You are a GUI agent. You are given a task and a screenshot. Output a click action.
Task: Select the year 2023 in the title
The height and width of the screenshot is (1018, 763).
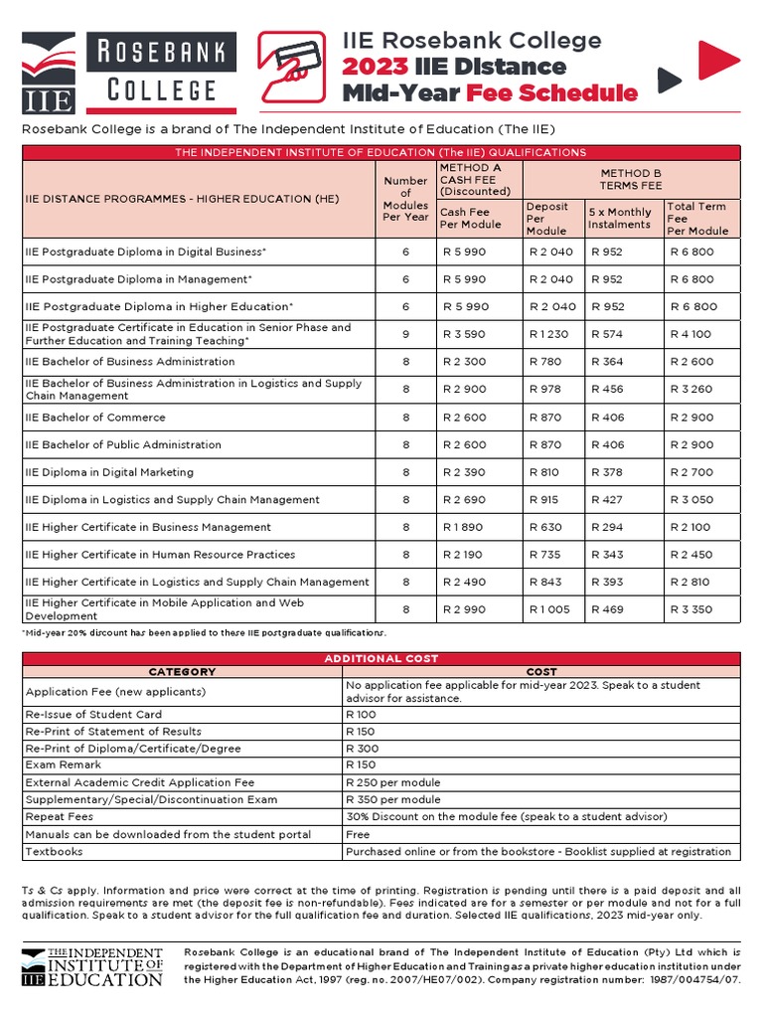click(375, 67)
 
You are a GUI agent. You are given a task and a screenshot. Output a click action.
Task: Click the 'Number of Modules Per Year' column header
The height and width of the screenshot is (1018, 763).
click(405, 199)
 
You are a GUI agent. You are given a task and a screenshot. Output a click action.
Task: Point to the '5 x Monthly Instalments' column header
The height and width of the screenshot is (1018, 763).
click(621, 218)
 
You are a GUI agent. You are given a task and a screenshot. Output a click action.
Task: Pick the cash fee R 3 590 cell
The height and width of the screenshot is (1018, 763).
click(465, 334)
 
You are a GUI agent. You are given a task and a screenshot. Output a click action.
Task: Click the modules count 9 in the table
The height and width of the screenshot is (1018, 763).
click(405, 334)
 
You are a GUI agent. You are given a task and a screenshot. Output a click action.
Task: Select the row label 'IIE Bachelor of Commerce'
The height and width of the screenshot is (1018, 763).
click(95, 418)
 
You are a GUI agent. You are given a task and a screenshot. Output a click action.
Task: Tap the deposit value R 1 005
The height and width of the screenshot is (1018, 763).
click(550, 609)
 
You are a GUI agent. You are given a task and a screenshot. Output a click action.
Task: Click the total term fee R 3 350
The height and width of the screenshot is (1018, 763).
click(692, 609)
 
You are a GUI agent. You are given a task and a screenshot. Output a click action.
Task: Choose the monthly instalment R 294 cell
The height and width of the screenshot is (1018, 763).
click(607, 527)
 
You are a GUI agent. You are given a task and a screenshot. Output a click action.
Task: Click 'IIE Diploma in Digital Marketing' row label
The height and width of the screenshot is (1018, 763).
click(109, 472)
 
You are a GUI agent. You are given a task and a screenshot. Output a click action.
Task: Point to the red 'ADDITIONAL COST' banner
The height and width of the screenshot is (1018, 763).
click(381, 659)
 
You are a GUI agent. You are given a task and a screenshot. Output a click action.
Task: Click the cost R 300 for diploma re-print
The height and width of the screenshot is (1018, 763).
click(362, 749)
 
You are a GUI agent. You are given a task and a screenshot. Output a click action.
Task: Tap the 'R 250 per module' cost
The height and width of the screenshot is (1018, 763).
click(392, 782)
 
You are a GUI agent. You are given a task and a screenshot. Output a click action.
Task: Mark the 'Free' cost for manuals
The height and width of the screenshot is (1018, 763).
click(358, 834)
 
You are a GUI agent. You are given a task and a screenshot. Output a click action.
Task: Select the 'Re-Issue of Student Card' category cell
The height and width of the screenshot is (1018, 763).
click(93, 714)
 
